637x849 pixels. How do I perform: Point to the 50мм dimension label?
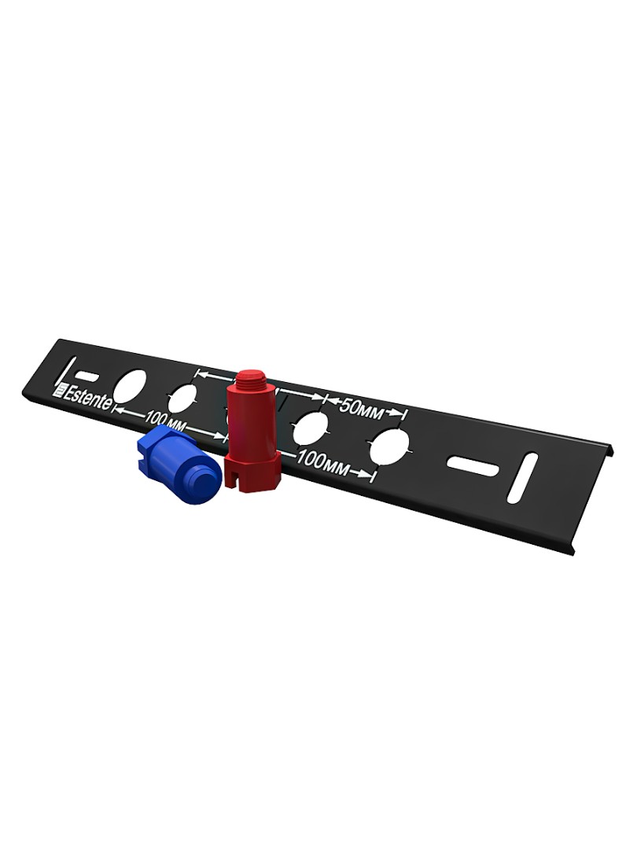tap(360, 409)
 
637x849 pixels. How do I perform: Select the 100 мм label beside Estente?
tap(163, 418)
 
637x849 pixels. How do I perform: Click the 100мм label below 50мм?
tap(324, 463)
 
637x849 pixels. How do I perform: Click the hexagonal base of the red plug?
tap(252, 469)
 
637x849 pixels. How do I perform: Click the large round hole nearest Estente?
tap(131, 387)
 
